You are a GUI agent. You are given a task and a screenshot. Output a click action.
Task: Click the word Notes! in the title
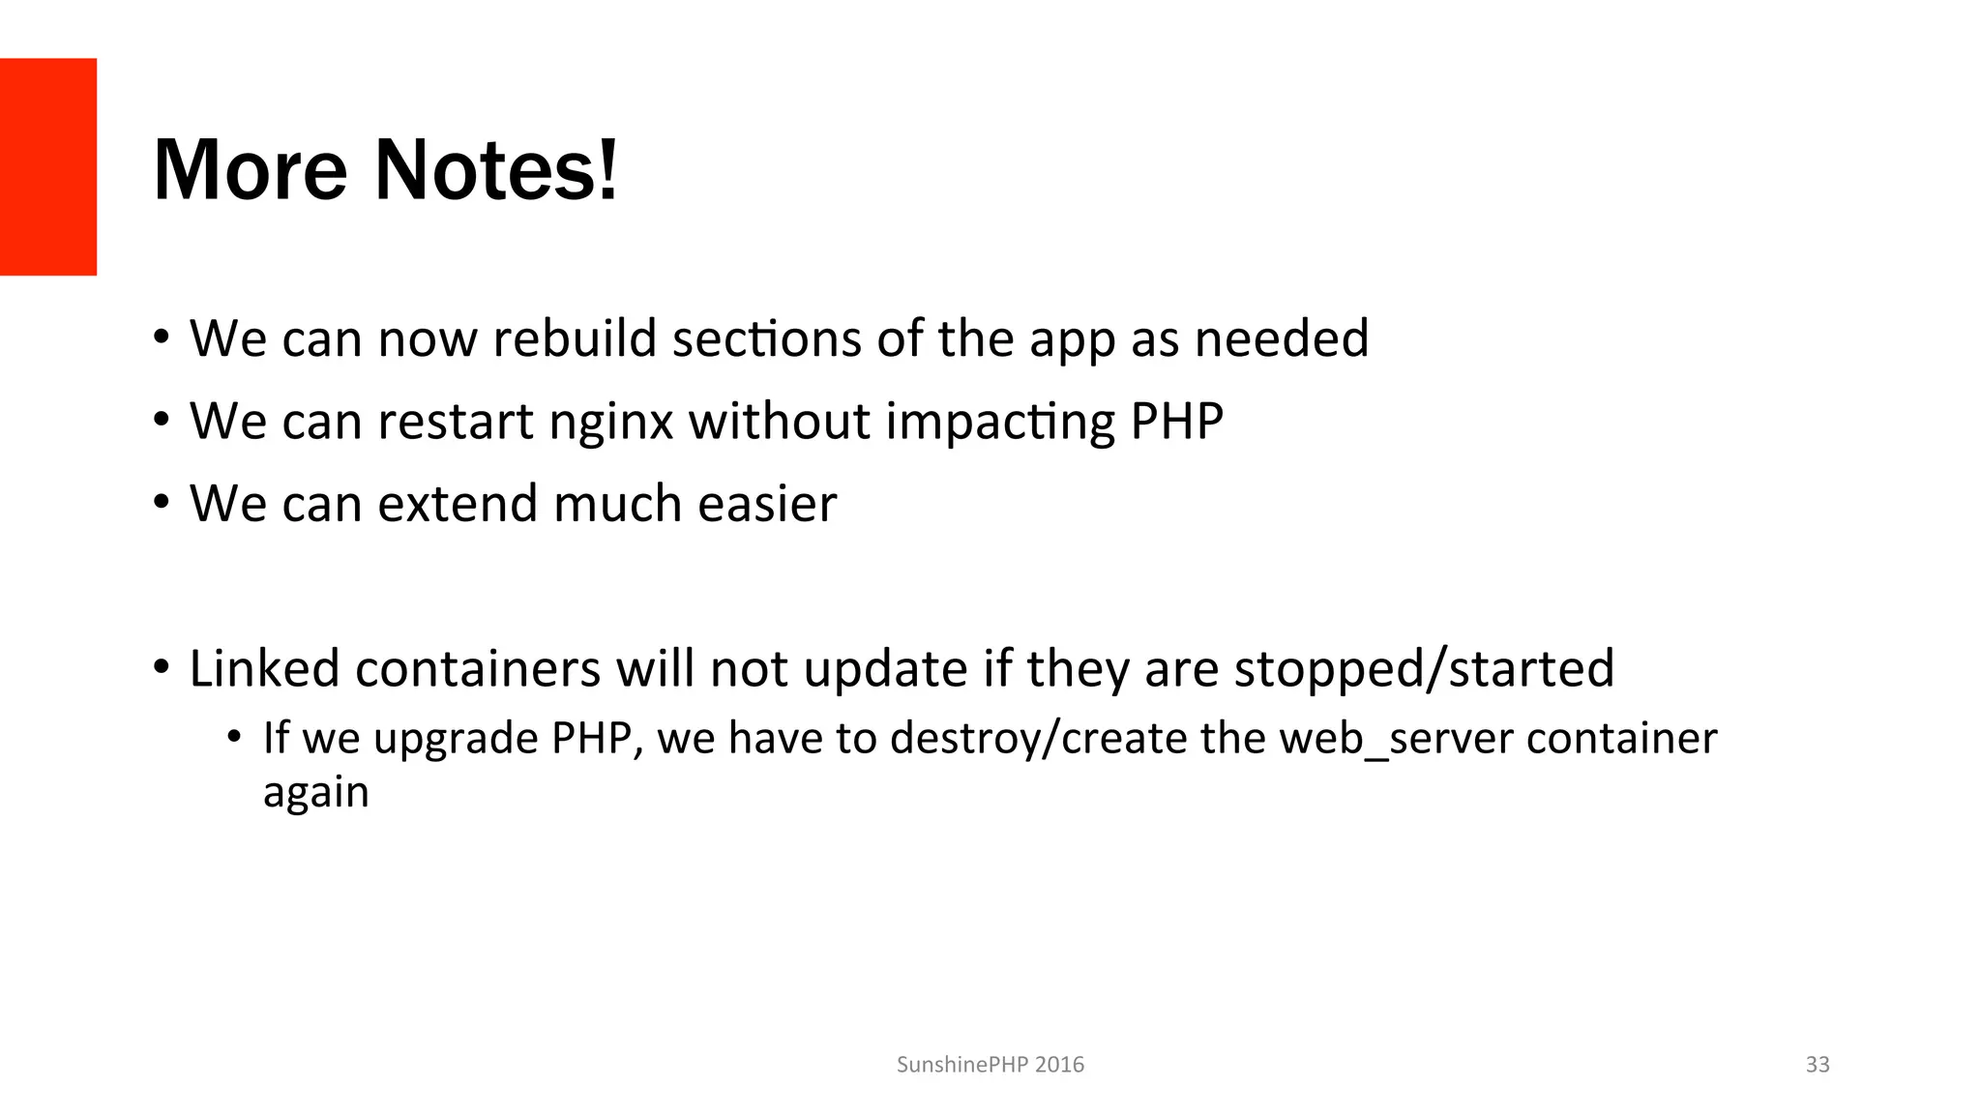click(495, 170)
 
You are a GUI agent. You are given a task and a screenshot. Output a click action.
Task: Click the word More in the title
click(250, 170)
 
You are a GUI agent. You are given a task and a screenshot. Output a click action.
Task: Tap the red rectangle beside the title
click(48, 166)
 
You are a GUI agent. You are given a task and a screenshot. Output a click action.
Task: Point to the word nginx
click(610, 422)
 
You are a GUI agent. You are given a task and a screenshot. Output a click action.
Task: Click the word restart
click(456, 422)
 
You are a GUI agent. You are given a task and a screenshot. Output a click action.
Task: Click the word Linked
click(264, 668)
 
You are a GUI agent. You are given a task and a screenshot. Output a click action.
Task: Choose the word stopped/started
click(1424, 668)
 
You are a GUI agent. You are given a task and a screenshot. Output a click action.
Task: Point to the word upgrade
click(457, 739)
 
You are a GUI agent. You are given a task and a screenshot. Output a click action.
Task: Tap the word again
click(315, 793)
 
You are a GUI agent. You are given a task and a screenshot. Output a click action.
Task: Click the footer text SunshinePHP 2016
click(990, 1065)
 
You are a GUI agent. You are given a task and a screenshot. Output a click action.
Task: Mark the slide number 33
click(1818, 1065)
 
